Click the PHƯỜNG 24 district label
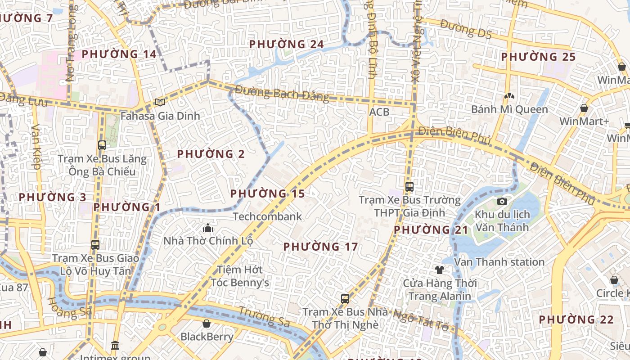coord(286,44)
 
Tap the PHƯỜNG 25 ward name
coord(538,57)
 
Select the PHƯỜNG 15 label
coord(267,194)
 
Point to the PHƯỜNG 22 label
coord(576,320)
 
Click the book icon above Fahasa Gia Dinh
coord(160,103)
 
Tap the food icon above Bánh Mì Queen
coord(509,96)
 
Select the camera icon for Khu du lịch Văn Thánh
coord(502,201)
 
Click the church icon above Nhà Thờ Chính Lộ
coord(208,227)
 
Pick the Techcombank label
coord(267,216)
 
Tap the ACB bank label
coord(379,112)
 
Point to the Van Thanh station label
coord(499,262)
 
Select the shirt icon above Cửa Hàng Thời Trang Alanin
coord(439,270)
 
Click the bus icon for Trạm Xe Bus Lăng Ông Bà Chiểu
coord(102,145)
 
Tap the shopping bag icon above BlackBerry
coord(207,324)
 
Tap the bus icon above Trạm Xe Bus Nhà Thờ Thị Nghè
coord(345,298)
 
